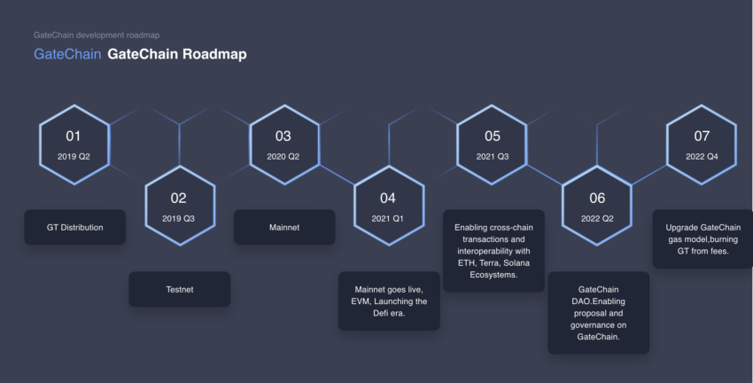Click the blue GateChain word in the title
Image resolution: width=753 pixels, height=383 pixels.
point(67,54)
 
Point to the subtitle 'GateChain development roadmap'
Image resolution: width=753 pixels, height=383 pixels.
point(97,35)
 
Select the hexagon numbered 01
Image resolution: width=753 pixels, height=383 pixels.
point(74,145)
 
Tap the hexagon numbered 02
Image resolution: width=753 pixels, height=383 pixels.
point(180,206)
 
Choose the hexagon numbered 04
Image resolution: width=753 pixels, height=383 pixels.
point(389,206)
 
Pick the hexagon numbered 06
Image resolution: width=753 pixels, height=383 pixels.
point(597,206)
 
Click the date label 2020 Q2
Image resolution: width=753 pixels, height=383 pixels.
point(283,157)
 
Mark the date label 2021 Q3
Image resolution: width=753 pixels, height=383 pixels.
point(493,157)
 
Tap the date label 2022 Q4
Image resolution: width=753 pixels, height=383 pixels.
point(702,157)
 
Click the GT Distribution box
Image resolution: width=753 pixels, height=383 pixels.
point(75,227)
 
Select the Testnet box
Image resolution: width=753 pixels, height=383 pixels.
point(180,289)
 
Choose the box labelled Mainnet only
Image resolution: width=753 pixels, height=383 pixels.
point(284,227)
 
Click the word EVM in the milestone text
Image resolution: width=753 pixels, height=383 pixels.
point(361,301)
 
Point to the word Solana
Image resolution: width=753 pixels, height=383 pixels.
point(516,262)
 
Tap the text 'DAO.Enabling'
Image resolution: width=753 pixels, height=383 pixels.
point(598,301)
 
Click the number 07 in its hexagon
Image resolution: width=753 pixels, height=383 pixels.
point(702,137)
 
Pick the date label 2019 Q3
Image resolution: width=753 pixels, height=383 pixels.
point(179,219)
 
